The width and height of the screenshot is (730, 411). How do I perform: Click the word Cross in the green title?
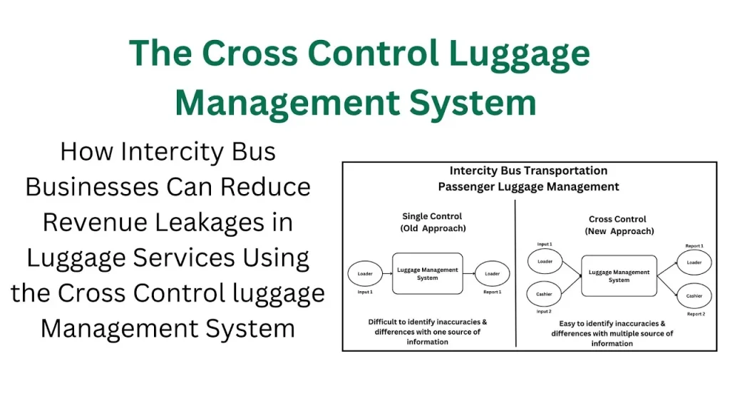point(250,53)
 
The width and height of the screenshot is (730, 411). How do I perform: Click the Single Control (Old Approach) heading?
point(433,223)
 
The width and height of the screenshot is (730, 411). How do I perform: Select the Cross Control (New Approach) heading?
point(619,225)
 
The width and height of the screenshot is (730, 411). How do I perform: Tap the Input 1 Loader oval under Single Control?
point(365,273)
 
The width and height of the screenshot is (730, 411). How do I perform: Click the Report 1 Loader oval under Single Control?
point(492,273)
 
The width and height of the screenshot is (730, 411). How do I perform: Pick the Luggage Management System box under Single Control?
point(428,273)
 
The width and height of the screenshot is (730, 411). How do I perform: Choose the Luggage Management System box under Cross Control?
point(619,276)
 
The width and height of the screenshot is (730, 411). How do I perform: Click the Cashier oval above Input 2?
point(544,294)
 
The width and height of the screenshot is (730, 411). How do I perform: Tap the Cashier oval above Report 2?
point(694,296)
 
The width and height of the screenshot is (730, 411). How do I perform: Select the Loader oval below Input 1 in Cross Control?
point(545,261)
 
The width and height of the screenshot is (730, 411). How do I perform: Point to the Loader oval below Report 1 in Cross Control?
point(694,263)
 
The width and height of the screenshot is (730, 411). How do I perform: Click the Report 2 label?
point(696,314)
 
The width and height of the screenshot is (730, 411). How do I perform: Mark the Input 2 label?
point(544,311)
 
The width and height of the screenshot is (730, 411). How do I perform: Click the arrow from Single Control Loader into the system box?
point(387,273)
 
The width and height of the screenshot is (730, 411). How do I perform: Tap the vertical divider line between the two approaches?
point(515,273)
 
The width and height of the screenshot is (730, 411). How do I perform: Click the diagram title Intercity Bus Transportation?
point(528,171)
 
